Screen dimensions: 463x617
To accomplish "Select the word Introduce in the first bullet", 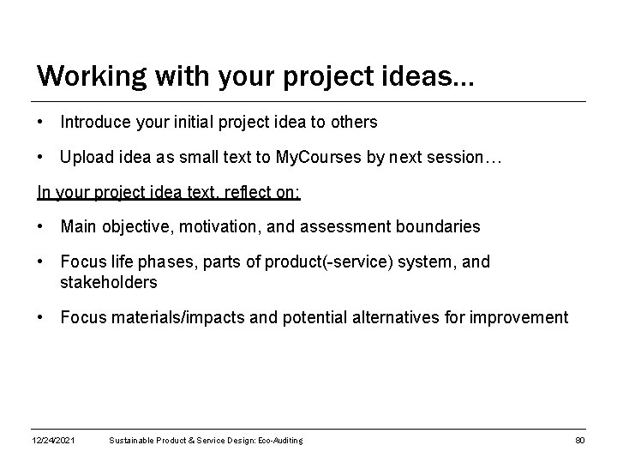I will pyautogui.click(x=95, y=123).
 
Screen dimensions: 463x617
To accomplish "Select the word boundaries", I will pyautogui.click(x=440, y=227).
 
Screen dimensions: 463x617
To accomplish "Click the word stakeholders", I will pyautogui.click(x=109, y=281).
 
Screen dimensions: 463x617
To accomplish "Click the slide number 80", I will pyautogui.click(x=579, y=441).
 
